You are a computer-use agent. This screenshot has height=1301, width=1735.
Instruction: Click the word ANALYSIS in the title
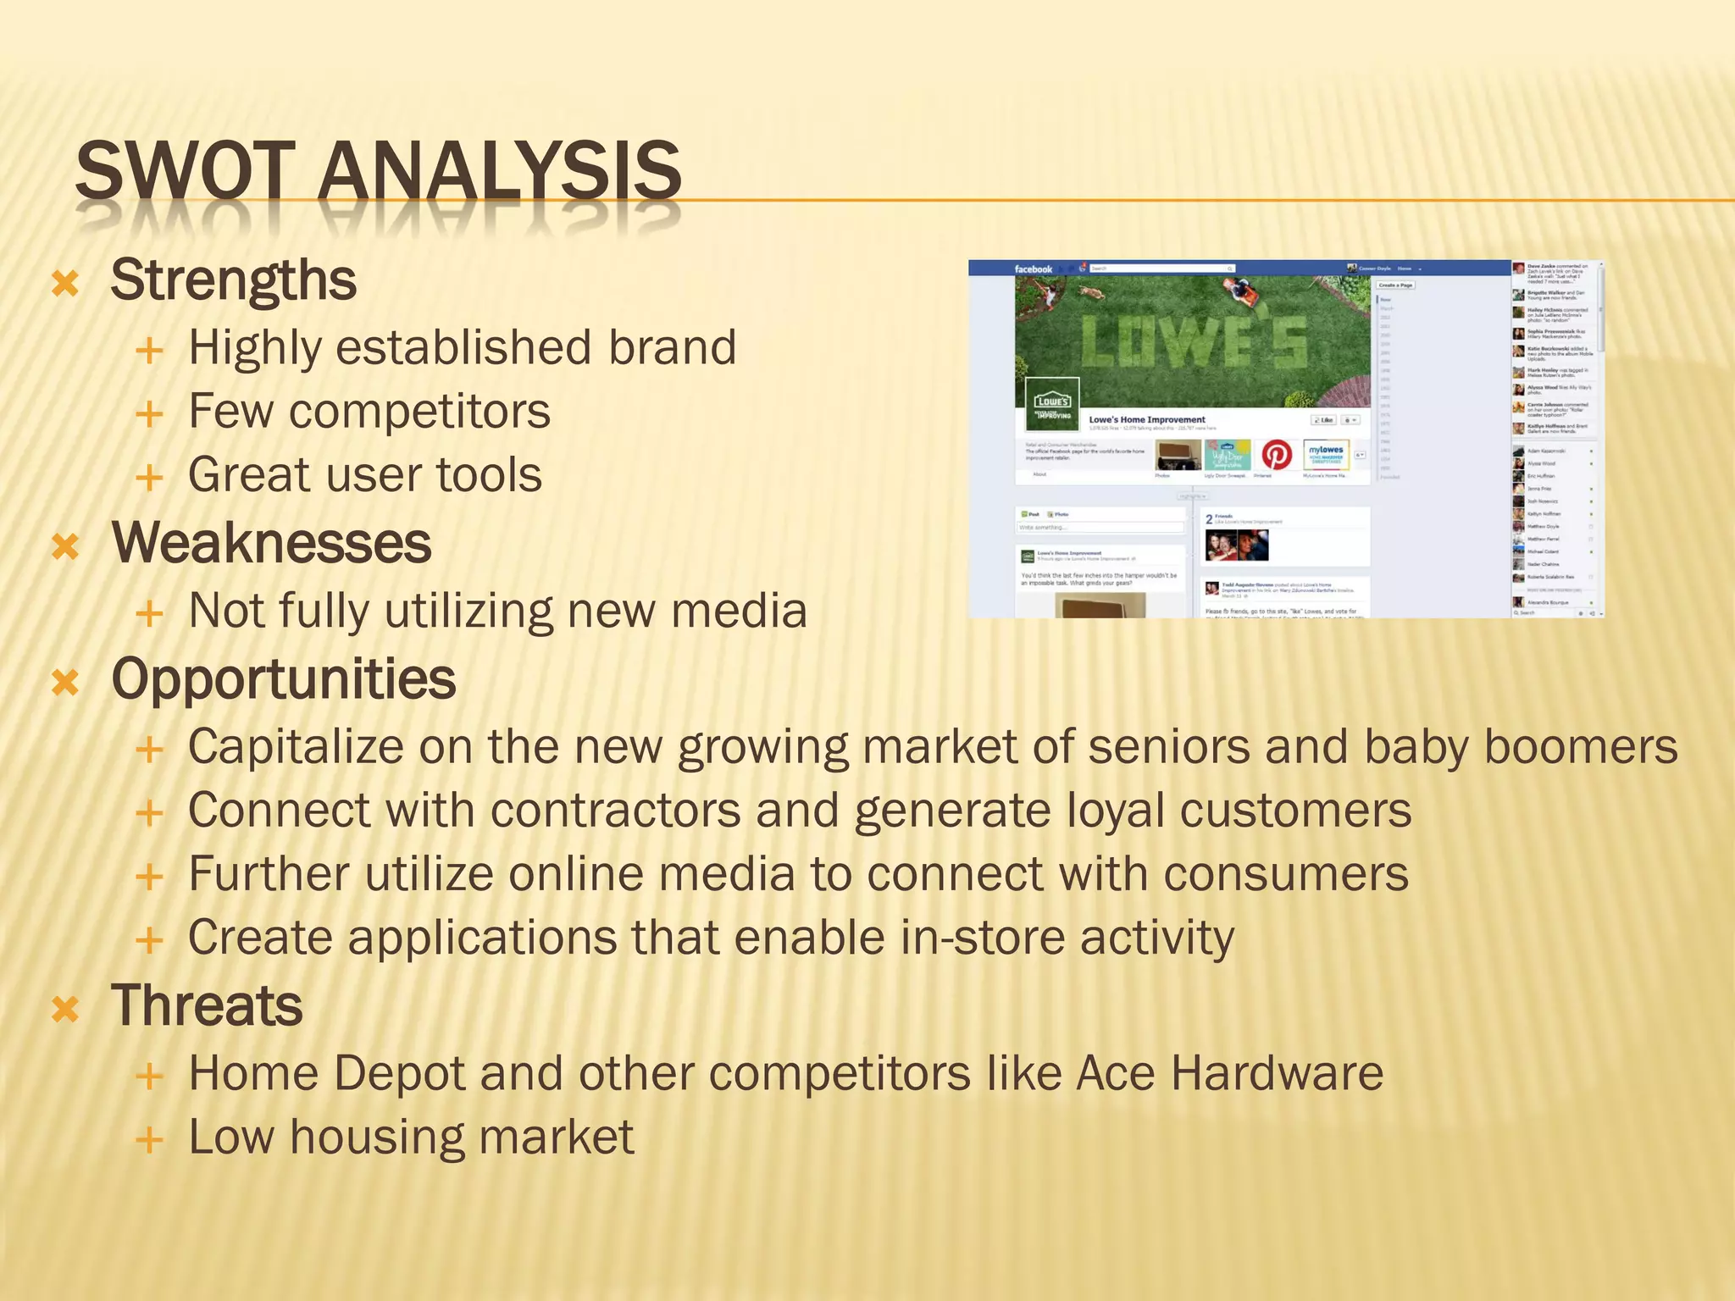(500, 171)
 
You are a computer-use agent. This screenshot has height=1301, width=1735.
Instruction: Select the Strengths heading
(233, 280)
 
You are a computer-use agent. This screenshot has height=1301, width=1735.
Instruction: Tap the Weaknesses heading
(271, 543)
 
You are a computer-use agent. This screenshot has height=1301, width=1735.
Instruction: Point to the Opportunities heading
(284, 679)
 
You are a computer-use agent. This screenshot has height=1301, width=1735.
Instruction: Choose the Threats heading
(207, 1006)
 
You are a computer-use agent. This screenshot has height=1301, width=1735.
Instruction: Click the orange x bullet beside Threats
(65, 1009)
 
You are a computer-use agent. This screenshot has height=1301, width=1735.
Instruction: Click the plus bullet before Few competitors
(149, 414)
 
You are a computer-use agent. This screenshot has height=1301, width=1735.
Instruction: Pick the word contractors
(615, 811)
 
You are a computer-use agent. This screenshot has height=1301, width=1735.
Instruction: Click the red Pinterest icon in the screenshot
(1277, 455)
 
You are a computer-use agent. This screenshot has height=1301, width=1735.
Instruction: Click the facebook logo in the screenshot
(1033, 269)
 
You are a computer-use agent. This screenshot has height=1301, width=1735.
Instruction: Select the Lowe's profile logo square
(1051, 406)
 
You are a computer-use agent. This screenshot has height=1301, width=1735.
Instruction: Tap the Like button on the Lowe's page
(1323, 420)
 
